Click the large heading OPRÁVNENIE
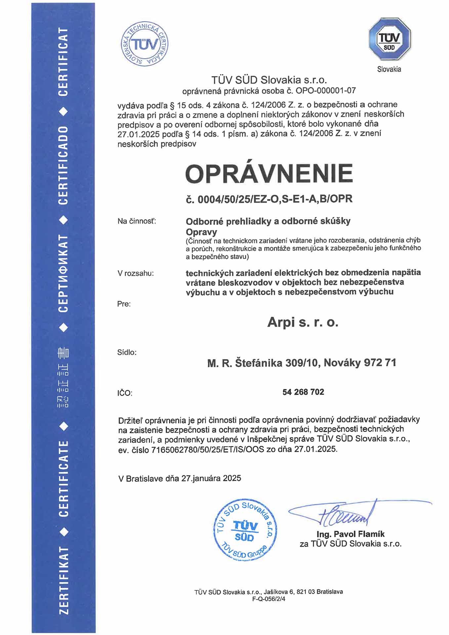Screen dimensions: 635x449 coord(269,173)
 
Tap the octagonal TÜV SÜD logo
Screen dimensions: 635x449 coord(389,39)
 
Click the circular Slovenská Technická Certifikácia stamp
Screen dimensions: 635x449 coord(144,44)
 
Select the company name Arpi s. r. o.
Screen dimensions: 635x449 coord(303,322)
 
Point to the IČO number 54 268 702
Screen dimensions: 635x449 coord(303,392)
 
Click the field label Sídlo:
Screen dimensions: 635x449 coord(127,353)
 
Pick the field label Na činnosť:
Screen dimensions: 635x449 coord(137,221)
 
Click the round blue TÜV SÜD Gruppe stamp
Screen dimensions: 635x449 coord(245,530)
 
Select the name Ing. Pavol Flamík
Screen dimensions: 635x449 coord(350,534)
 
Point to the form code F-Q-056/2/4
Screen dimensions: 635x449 coord(268,599)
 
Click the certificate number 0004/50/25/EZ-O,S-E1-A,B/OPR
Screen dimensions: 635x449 coord(275,199)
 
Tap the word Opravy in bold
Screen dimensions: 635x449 coord(201,232)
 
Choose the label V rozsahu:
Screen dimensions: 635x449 coord(136,274)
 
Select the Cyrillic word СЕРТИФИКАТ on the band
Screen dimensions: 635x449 coord(63,273)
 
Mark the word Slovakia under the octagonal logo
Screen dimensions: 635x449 coord(389,69)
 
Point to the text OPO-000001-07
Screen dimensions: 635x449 coord(326,90)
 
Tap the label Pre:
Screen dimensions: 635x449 coord(124,304)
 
